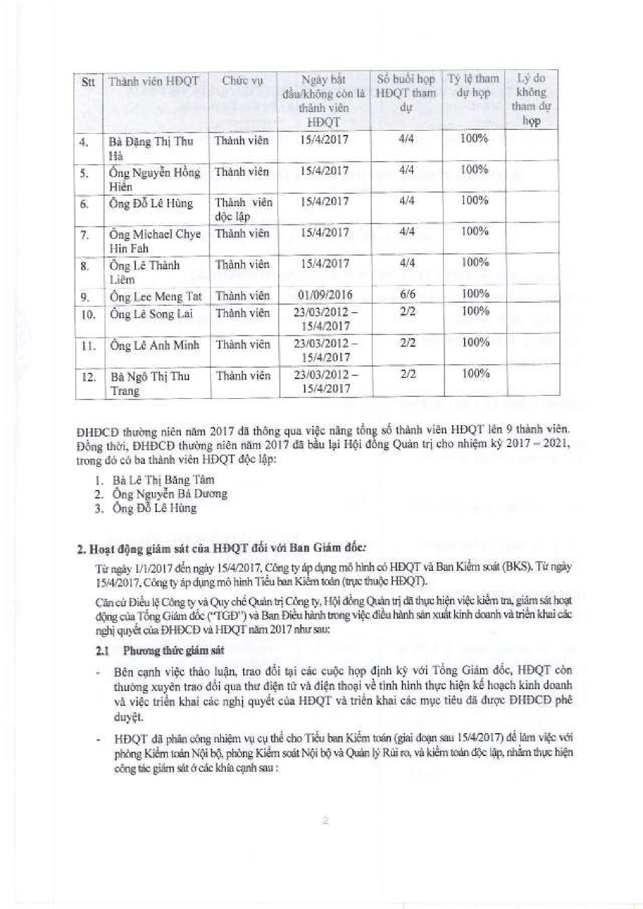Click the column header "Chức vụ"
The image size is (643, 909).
point(242,81)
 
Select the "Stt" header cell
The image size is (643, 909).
point(88,83)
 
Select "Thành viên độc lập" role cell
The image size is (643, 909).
point(244,209)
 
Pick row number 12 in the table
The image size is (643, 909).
point(89,377)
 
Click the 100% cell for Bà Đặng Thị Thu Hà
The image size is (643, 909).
point(474,139)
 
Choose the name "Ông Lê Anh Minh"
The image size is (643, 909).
point(155,346)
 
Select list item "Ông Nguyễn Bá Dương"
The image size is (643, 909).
point(170,494)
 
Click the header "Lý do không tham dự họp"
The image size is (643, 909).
point(531,99)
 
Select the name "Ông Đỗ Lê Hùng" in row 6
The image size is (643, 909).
point(151,204)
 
